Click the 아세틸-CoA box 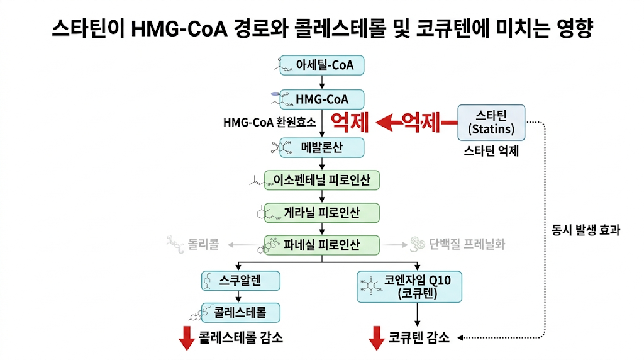pos(322,65)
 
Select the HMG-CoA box pos(322,99)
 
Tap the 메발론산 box pos(322,147)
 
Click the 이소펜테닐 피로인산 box pos(322,181)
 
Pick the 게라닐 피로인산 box pos(322,213)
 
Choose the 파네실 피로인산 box pos(322,245)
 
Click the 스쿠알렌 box pos(240,280)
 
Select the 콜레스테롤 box pos(240,312)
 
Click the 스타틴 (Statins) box pos(491,122)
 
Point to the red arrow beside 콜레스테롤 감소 pos(186,339)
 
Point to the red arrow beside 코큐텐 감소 pos(376,339)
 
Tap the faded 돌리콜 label pos(203,245)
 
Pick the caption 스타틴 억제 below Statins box pos(491,152)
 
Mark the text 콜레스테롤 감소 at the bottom pos(240,338)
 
